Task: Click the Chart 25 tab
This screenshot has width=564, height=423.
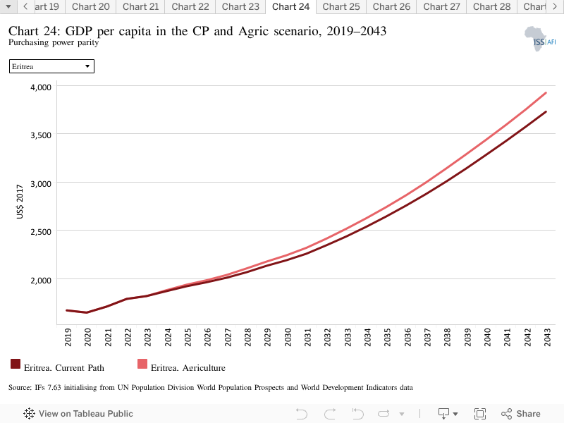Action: (341, 7)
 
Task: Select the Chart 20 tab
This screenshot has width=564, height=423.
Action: (91, 7)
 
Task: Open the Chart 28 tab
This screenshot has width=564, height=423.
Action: (491, 7)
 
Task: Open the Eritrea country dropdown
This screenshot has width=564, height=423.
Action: (51, 66)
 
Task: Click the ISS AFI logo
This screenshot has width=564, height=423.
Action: (540, 39)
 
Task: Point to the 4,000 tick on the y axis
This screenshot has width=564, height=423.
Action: (41, 87)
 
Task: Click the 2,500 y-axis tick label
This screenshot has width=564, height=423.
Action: (41, 232)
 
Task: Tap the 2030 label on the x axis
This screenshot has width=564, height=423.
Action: (288, 338)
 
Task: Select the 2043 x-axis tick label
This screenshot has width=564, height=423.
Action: (547, 338)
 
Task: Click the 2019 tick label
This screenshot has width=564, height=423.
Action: (68, 338)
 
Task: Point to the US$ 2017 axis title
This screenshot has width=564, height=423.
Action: (20, 202)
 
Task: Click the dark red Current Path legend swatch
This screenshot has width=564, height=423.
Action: (16, 364)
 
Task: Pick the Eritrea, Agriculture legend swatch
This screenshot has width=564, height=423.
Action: (142, 364)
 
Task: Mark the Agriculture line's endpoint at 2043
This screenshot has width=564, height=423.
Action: (546, 93)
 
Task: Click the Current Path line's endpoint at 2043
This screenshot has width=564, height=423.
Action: (546, 112)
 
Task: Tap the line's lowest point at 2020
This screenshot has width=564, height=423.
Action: (87, 312)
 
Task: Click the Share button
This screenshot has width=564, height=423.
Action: (520, 414)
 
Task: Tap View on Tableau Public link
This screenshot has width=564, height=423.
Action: (78, 414)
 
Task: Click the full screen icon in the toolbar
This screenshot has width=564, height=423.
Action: (480, 414)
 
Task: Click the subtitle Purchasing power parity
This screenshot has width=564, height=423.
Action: (54, 42)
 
